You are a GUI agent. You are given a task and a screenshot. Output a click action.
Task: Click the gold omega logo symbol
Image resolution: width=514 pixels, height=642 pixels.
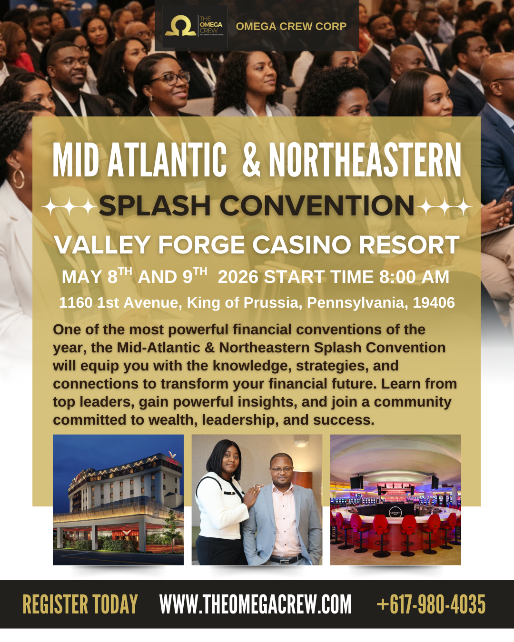point(180,26)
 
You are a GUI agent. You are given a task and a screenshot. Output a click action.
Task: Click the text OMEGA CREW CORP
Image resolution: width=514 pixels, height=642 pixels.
point(291,27)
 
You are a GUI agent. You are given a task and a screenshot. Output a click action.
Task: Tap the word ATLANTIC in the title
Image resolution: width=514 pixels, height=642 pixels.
point(167,160)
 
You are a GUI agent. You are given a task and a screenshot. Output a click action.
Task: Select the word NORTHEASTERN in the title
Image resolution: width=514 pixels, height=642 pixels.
point(365,160)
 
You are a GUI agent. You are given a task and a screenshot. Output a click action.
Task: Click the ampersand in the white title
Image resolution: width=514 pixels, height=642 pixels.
point(251,160)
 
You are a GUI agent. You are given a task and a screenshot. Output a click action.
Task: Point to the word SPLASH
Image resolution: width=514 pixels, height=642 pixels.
point(155,206)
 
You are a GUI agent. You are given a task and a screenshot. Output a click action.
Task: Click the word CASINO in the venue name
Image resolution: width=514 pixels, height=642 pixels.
point(302,245)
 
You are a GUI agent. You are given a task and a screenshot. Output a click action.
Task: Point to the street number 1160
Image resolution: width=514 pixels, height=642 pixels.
point(76,303)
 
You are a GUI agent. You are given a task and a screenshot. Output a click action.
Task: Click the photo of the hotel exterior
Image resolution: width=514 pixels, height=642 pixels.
point(118,499)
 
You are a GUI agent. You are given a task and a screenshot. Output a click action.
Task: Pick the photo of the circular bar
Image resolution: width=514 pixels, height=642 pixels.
point(395,499)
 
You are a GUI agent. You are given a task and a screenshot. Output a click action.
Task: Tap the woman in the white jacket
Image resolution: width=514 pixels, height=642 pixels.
point(221,499)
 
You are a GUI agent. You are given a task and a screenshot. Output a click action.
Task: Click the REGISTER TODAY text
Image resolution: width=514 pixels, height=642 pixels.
point(80,604)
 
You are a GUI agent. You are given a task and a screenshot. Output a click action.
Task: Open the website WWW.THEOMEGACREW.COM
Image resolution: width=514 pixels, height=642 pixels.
point(256,604)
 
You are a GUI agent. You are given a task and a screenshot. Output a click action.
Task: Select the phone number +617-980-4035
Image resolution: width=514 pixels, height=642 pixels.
point(431,604)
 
